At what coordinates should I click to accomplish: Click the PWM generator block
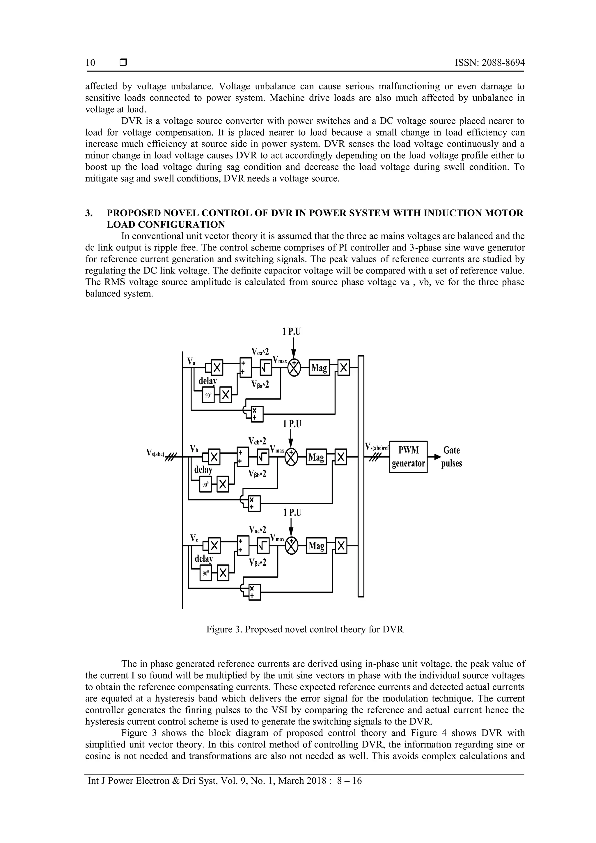408,457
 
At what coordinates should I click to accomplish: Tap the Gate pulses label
451,457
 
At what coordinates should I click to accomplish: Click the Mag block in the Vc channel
316,546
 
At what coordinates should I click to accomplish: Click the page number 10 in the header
90,63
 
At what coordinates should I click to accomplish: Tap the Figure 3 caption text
305,629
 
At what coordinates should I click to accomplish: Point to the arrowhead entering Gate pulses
437,457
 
